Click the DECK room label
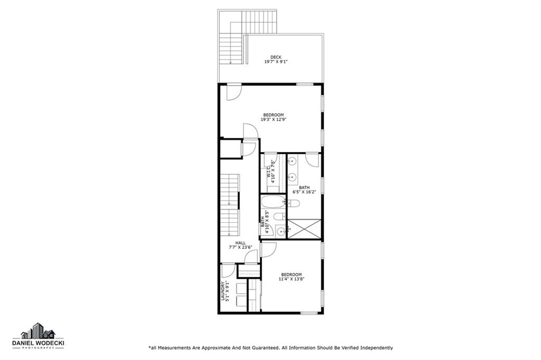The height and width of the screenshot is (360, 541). pos(276,57)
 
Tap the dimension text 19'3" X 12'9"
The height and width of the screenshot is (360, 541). pos(274,120)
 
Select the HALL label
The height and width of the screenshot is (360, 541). pos(240,243)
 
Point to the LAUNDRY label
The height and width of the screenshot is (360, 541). pos(223,291)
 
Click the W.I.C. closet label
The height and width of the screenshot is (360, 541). pos(268,172)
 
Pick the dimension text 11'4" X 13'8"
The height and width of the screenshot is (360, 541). pos(292,279)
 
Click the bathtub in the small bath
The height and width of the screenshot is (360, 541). pos(273,201)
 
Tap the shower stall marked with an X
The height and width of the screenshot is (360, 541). pos(304,228)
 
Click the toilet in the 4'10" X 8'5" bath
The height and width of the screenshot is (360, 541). pos(279,216)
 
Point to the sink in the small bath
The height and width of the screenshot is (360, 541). pos(280,231)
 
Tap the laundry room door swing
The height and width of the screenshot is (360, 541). pos(228,271)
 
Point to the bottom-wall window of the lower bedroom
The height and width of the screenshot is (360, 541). pos(309,313)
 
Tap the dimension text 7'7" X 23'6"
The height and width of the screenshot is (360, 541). pos(240,247)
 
